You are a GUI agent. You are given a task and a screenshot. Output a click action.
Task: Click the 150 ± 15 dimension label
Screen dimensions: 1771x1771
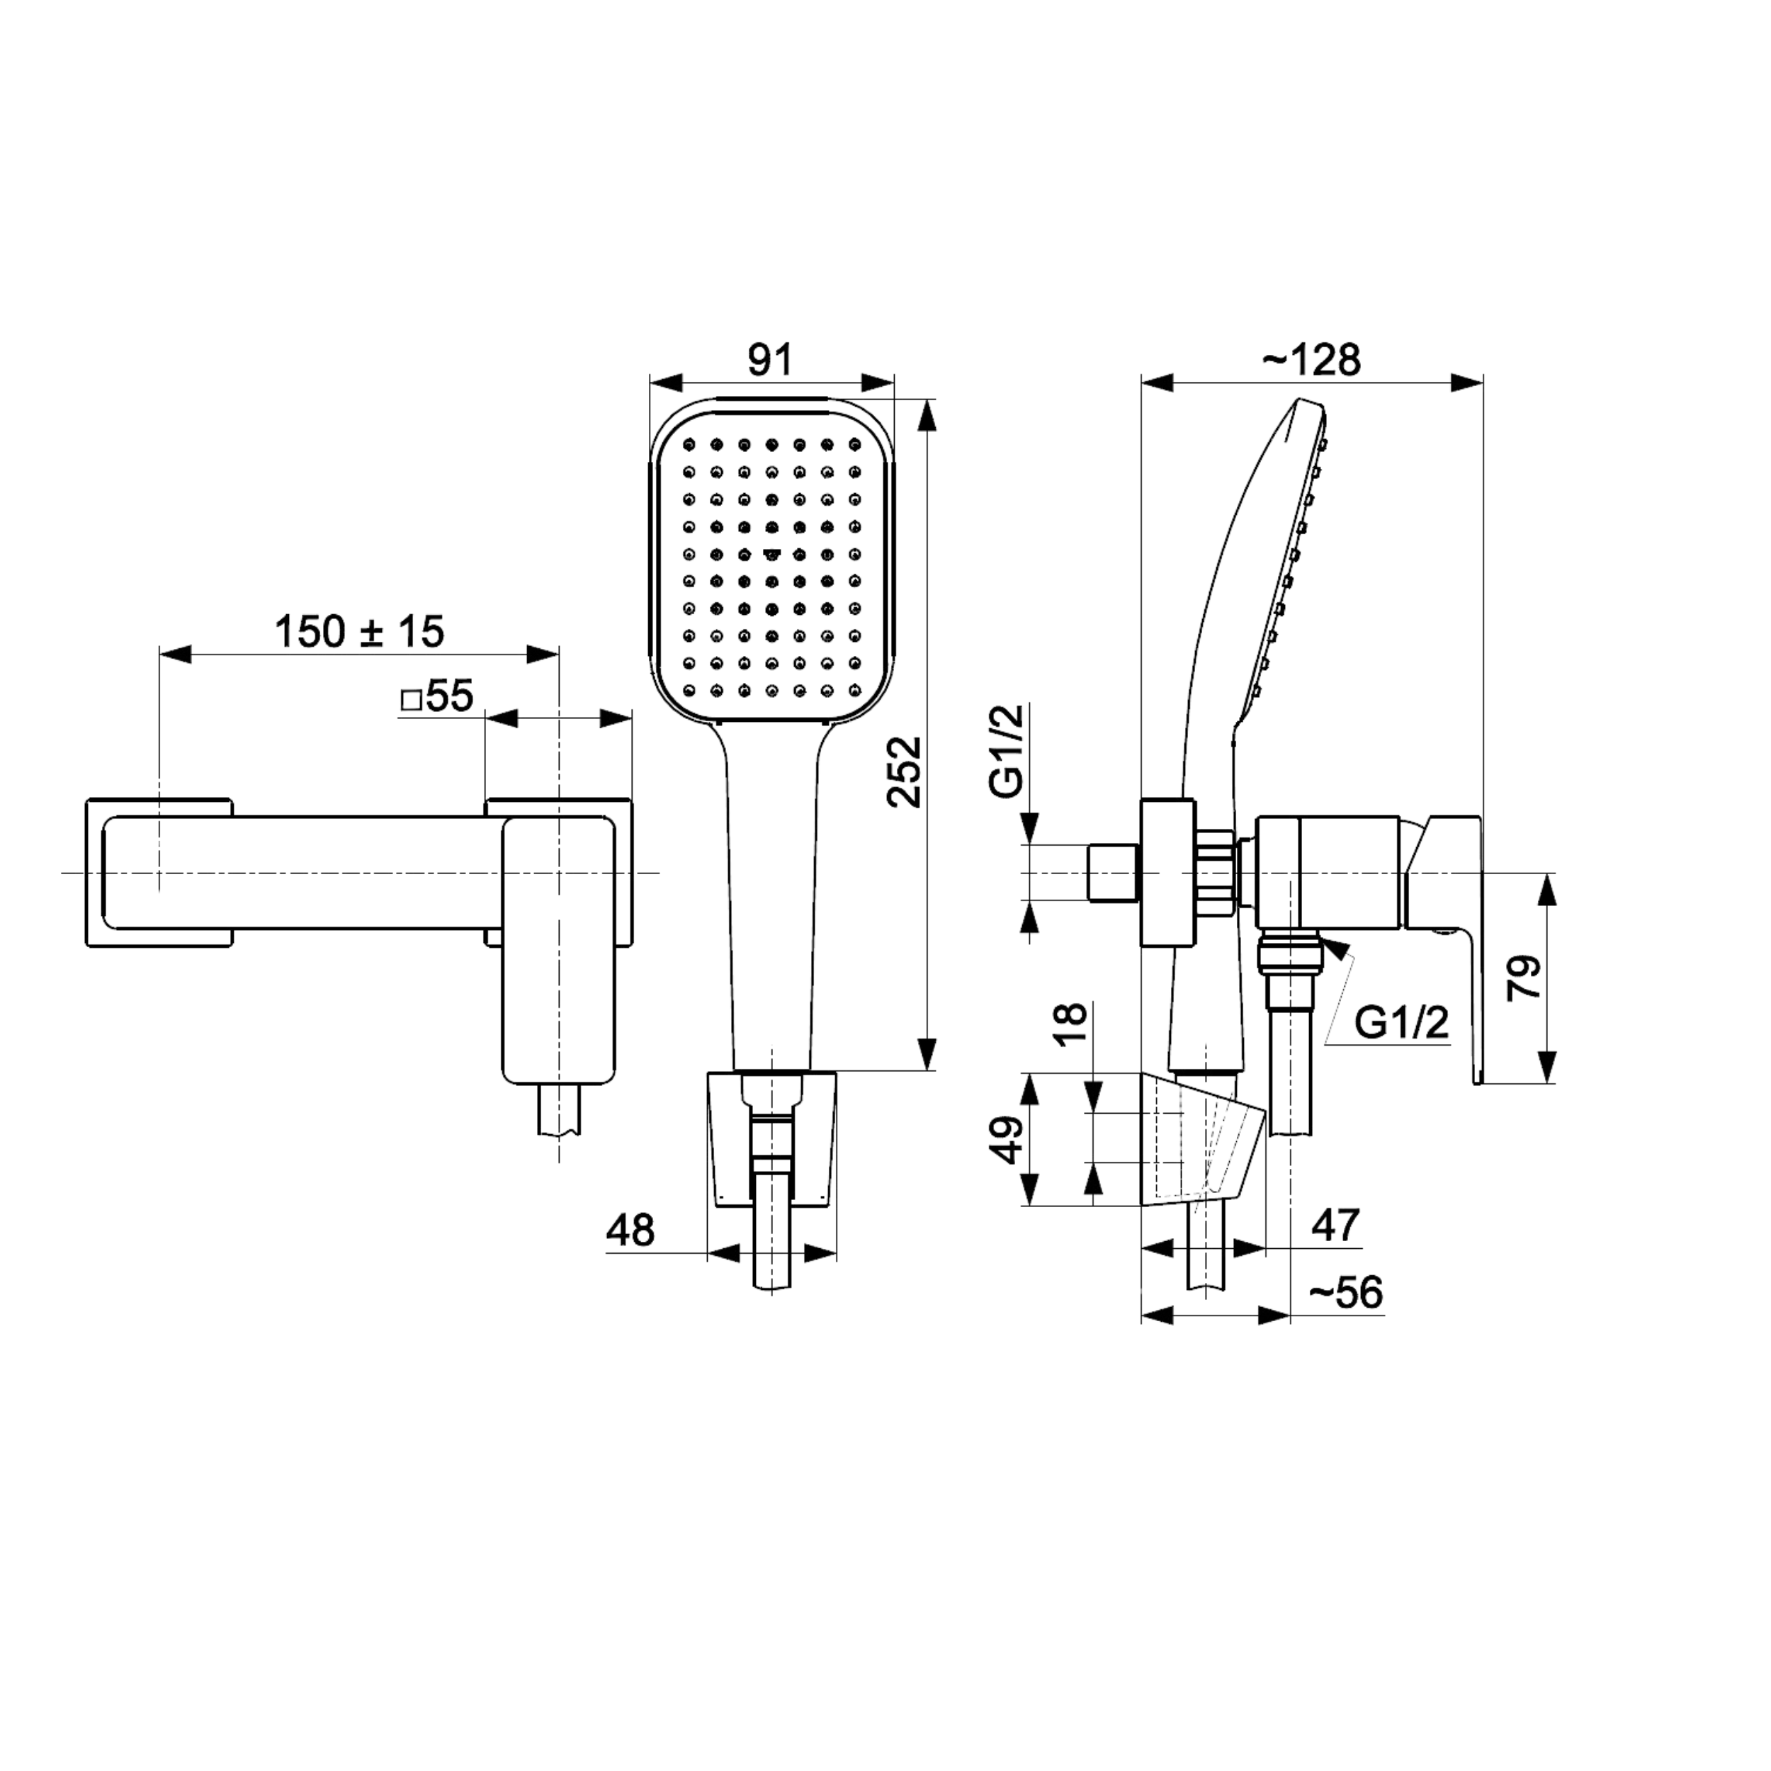point(359,632)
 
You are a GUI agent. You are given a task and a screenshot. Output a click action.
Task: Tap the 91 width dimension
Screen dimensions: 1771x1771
point(770,361)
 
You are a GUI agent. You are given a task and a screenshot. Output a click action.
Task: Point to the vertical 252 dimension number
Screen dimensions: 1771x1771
point(905,772)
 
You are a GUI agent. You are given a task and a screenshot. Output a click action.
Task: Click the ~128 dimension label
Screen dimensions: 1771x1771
point(1312,361)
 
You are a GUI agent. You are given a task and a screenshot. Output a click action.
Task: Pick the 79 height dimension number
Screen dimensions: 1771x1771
point(1524,978)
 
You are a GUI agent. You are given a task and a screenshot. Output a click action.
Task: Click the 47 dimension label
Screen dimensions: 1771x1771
point(1335,1226)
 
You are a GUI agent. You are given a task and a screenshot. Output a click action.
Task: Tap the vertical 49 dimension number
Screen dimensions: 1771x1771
point(1010,1139)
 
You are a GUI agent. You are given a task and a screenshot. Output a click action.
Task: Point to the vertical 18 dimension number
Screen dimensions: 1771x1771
point(1070,1024)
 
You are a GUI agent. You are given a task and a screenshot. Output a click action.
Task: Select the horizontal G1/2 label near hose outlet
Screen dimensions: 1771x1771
point(1402,1022)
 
